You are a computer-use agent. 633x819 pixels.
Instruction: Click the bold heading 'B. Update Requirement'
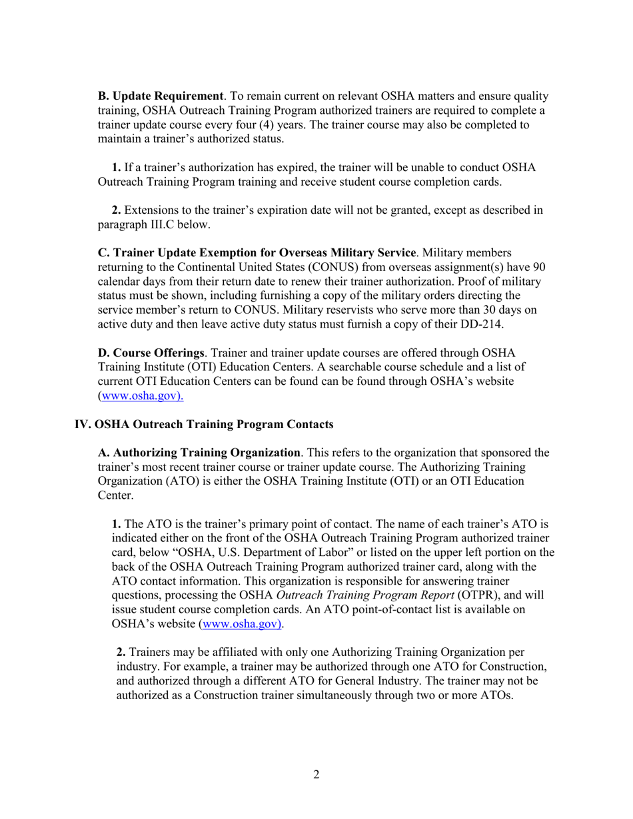click(161, 97)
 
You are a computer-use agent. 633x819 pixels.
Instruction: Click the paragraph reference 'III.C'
click(161, 225)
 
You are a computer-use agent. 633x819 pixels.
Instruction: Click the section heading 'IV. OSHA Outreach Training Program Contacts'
click(204, 423)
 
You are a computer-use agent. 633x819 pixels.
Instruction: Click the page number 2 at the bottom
click(316, 774)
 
